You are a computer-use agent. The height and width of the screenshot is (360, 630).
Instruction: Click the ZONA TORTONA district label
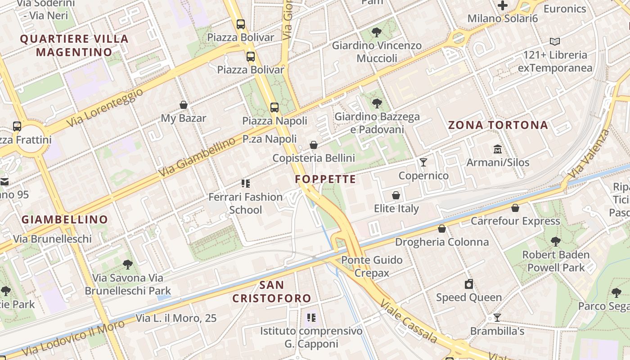pos(498,125)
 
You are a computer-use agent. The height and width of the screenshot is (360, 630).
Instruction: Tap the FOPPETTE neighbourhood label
pos(325,179)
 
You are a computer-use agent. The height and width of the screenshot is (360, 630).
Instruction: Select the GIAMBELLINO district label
pos(65,220)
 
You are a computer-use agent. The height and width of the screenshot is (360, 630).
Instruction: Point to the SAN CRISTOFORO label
pos(272,292)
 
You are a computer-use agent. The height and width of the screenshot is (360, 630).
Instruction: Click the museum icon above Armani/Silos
pos(498,149)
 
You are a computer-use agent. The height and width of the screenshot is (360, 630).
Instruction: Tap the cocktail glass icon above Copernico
pos(423,162)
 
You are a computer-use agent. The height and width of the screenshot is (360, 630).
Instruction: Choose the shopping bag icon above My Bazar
pos(184,105)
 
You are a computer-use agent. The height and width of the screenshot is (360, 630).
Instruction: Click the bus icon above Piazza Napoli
pos(274,108)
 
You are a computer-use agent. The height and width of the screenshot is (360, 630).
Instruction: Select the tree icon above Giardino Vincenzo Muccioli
pos(377,32)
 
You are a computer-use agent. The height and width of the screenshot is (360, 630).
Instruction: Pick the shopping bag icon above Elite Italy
pos(396,195)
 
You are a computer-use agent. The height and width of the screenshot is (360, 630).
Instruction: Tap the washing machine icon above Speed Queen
pos(469,284)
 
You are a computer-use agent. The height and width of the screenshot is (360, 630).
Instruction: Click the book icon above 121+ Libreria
pos(555,42)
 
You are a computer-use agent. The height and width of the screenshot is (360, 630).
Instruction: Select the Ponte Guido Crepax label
pos(372,266)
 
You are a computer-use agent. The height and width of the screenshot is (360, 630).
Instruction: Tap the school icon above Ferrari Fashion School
pos(245,183)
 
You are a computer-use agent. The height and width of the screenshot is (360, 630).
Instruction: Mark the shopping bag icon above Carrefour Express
pos(515,208)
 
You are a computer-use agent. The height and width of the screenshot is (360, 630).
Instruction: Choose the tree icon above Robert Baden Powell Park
pos(556,242)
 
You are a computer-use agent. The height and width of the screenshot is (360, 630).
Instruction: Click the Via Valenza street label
pos(589,153)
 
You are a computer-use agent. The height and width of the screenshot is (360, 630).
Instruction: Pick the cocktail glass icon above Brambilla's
pos(497,318)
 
